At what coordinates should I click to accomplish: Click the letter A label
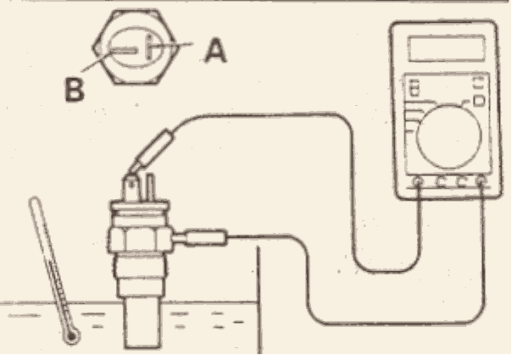[216, 50]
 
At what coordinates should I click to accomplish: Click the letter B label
[75, 89]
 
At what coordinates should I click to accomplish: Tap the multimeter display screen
[447, 48]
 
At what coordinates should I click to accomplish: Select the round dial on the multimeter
[448, 136]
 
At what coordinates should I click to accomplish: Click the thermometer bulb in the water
[71, 337]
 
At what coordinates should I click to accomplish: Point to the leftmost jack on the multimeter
[418, 181]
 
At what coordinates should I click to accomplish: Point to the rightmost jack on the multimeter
[481, 180]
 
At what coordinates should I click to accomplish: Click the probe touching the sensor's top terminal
[152, 152]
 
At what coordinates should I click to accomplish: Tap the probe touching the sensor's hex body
[200, 238]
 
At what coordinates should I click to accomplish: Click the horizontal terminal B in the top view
[123, 51]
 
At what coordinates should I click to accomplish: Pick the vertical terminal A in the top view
[149, 47]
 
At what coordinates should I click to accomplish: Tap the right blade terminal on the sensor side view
[150, 187]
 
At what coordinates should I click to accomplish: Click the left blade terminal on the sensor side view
[131, 189]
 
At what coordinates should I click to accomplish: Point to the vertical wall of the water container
[259, 300]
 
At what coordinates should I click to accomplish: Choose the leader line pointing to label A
[172, 45]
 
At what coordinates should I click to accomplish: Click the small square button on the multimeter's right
[479, 101]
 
